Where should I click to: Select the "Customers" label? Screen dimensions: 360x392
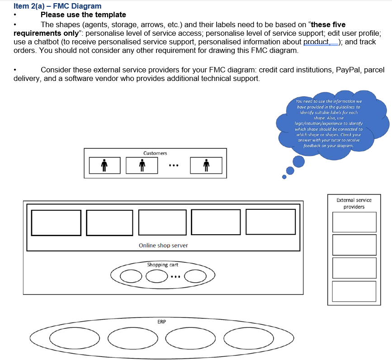155,153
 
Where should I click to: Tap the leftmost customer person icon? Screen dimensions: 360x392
104,166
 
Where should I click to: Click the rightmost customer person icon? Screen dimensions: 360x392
206,166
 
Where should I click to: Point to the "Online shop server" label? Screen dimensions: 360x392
163,246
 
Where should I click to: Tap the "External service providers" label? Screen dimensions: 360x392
354,204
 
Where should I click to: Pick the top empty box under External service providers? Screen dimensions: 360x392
354,222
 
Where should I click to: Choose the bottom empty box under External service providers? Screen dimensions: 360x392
354,292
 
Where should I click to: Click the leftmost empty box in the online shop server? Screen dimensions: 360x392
56,223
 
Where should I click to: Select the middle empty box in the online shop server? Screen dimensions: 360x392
162,223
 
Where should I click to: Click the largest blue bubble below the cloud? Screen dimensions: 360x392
298,161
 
